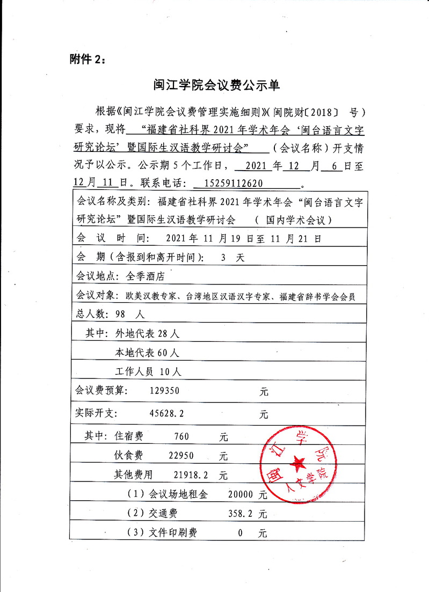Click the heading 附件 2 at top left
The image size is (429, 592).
(x=88, y=59)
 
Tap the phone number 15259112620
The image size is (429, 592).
(x=234, y=182)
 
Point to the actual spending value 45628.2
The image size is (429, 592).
(x=169, y=414)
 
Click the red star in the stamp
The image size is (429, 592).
(x=296, y=463)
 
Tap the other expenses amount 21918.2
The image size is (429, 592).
(x=187, y=475)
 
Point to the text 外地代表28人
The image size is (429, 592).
(x=148, y=333)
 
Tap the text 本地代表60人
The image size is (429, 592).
(x=148, y=353)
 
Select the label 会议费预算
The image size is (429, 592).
(x=102, y=391)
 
